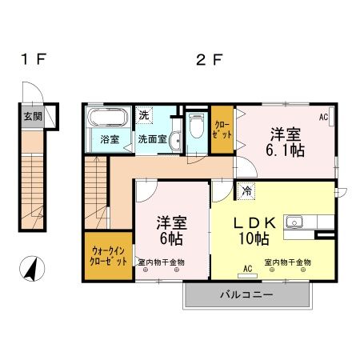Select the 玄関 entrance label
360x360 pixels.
[x=33, y=116]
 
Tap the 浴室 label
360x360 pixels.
[x=110, y=139]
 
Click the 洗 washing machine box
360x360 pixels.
[x=144, y=115]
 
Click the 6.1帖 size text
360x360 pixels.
[x=286, y=150]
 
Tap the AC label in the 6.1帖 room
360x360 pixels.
[x=324, y=117]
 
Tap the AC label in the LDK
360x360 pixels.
[x=248, y=268]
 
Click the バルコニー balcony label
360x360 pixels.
[x=247, y=295]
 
